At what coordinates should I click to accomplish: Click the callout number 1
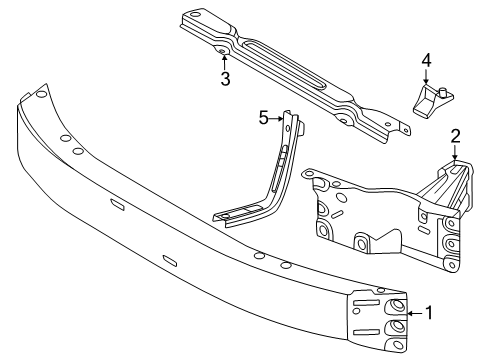pyautogui.click(x=430, y=312)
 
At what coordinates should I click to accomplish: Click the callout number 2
pyautogui.click(x=455, y=135)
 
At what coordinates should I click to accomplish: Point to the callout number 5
pyautogui.click(x=264, y=118)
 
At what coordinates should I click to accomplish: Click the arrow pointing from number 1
pyautogui.click(x=412, y=312)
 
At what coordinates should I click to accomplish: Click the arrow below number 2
pyautogui.click(x=455, y=152)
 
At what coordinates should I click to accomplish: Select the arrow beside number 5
pyautogui.click(x=279, y=118)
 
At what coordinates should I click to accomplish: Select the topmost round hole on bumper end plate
pyautogui.click(x=398, y=305)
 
